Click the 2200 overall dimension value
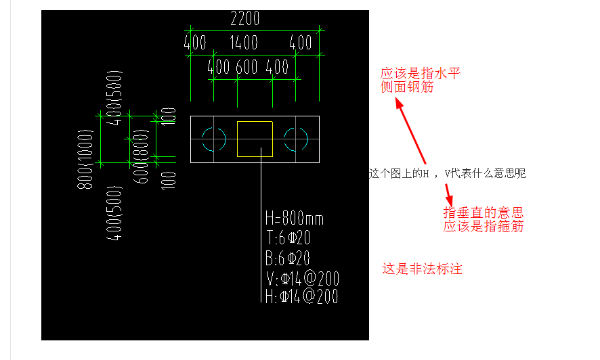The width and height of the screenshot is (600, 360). pos(245,18)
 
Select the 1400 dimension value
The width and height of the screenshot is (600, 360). pos(243,43)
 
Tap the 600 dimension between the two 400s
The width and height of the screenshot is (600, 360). pos(247,67)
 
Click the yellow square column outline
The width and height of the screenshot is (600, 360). pos(255,122)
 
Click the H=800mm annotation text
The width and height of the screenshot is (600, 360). pos(295,219)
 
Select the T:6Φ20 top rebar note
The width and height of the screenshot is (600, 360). pos(288,238)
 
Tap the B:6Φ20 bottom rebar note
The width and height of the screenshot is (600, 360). pos(288,258)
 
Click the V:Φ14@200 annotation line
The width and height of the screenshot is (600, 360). pos(303,279)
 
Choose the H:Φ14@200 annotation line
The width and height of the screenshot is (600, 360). pos(302,296)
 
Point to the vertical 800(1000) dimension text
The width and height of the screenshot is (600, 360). pos(85,159)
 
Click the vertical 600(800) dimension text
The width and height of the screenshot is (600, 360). pos(140,156)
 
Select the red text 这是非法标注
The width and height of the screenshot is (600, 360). pos(422,269)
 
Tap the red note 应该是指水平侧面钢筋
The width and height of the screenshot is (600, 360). pos(420,81)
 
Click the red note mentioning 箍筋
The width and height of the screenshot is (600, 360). pos(484,219)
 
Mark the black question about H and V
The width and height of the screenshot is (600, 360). pos(448,173)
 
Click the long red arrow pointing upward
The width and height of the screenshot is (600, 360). pos(410,131)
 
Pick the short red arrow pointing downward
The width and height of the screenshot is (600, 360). pos(448,196)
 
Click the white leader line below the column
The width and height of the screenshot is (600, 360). pos(261,225)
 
